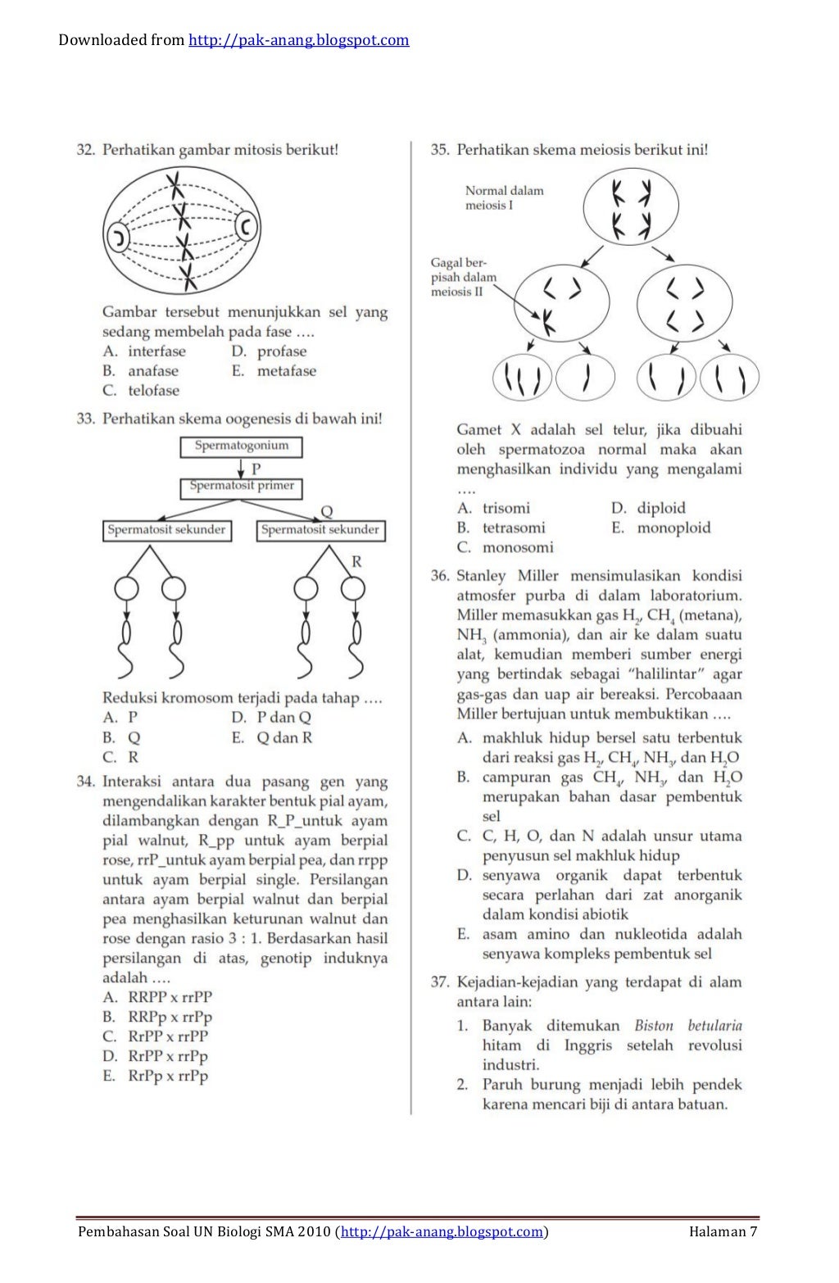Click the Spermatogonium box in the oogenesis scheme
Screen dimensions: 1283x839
coord(241,447)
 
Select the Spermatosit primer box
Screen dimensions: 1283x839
coord(241,487)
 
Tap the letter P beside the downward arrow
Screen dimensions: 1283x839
coord(256,469)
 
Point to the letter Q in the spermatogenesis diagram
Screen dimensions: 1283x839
coord(326,511)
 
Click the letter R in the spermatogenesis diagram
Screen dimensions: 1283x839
coord(356,561)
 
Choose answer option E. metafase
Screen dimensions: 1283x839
coord(274,371)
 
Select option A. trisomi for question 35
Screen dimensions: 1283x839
coord(493,508)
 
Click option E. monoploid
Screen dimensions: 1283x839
coord(660,528)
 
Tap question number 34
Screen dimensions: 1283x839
coord(85,782)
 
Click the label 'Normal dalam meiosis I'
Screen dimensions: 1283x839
coord(504,197)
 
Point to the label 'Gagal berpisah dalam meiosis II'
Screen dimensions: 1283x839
coord(463,277)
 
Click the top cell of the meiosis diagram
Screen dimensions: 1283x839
coord(631,206)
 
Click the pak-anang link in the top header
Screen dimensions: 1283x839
coord(298,40)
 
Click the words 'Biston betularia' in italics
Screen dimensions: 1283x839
coord(687,1025)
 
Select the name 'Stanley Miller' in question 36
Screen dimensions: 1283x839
coord(506,576)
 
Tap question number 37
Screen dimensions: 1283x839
coord(440,982)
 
